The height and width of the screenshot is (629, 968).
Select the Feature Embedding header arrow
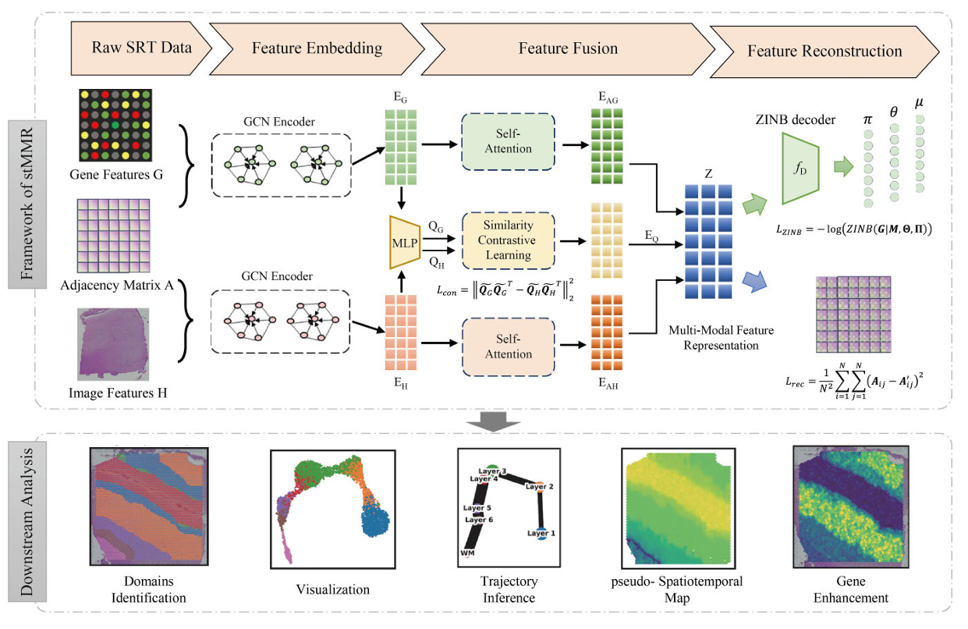[317, 47]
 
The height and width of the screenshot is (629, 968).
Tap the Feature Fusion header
[567, 48]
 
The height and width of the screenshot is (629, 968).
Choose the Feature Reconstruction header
[824, 52]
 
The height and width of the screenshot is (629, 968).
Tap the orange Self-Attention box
[508, 345]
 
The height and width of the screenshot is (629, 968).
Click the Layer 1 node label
[541, 533]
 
